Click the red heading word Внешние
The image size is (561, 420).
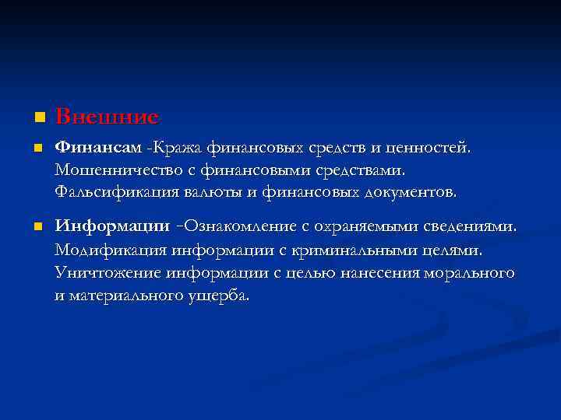(107, 117)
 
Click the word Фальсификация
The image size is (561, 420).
(114, 191)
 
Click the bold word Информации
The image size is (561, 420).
(112, 226)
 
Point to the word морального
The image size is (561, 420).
(471, 273)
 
